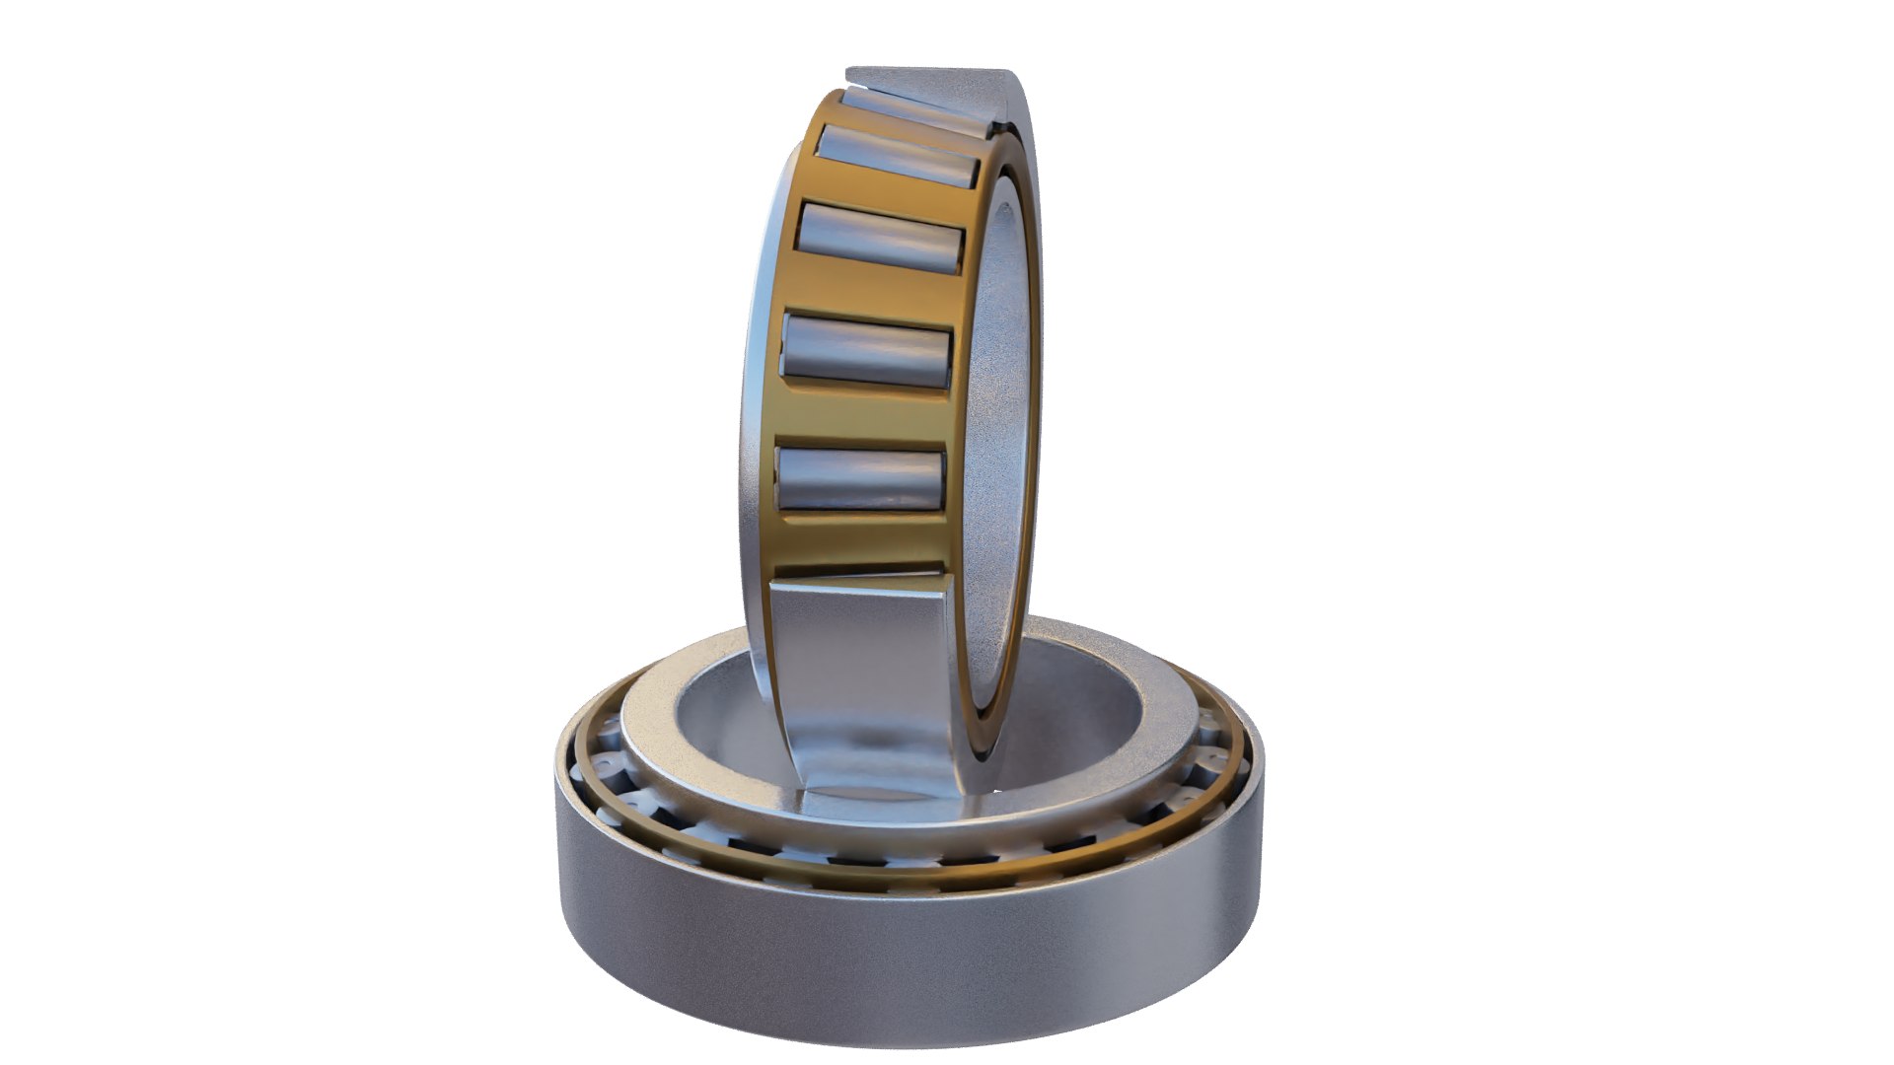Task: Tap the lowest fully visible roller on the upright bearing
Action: click(x=861, y=479)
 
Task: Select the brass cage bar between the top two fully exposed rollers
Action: click(x=888, y=195)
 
